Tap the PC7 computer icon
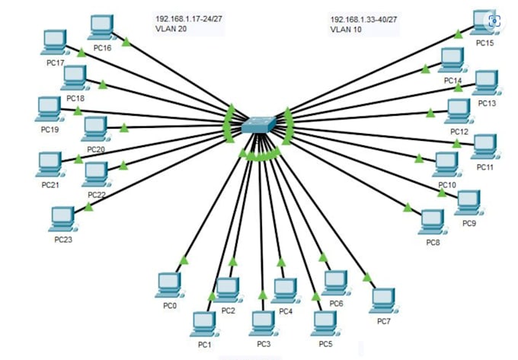click(384, 300)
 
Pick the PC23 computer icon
click(62, 219)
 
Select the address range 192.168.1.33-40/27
click(362, 18)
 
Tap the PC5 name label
click(325, 344)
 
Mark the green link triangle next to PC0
click(183, 262)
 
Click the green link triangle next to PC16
click(126, 40)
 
